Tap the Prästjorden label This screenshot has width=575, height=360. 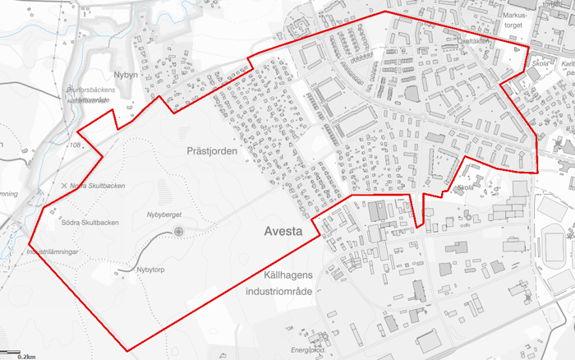click(212, 152)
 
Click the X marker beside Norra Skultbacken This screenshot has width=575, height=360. click(64, 186)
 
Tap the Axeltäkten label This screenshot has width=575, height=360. click(476, 40)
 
